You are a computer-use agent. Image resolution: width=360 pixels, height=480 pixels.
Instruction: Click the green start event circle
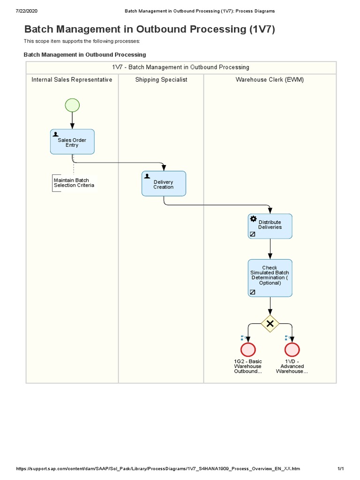(x=72, y=105)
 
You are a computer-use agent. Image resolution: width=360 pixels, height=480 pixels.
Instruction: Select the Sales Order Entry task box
(x=72, y=142)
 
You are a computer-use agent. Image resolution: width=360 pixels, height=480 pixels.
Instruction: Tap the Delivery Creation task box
(x=164, y=184)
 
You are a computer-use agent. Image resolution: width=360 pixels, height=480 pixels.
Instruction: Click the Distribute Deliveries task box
(x=270, y=226)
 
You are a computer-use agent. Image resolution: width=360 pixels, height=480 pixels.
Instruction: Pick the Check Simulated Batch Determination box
(x=270, y=277)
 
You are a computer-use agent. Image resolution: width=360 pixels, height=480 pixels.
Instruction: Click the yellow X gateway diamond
(x=270, y=323)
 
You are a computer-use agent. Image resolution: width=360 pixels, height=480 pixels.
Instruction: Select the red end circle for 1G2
(x=248, y=350)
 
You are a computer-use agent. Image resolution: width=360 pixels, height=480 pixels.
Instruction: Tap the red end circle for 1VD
(x=292, y=350)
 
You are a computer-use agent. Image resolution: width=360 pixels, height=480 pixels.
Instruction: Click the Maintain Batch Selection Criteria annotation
(x=74, y=183)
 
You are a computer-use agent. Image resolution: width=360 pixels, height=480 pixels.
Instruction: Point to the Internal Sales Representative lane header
(x=72, y=80)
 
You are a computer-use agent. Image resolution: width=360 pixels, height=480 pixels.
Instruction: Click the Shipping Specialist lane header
(x=161, y=80)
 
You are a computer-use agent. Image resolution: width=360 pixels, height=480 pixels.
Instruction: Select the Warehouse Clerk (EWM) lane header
(x=270, y=80)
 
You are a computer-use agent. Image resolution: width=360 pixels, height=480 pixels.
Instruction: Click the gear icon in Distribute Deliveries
(x=253, y=218)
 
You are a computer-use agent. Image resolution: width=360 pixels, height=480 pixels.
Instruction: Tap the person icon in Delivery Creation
(x=147, y=176)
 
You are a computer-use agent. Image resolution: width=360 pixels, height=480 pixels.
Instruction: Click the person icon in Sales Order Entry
(x=56, y=134)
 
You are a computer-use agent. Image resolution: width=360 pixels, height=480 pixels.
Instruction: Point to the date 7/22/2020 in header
(x=27, y=10)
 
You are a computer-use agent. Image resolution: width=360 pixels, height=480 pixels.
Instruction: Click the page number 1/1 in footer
(x=341, y=469)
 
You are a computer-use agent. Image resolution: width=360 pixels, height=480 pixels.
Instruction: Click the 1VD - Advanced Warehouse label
(x=292, y=367)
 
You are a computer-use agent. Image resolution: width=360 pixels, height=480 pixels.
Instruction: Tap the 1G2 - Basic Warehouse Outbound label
(x=248, y=367)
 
